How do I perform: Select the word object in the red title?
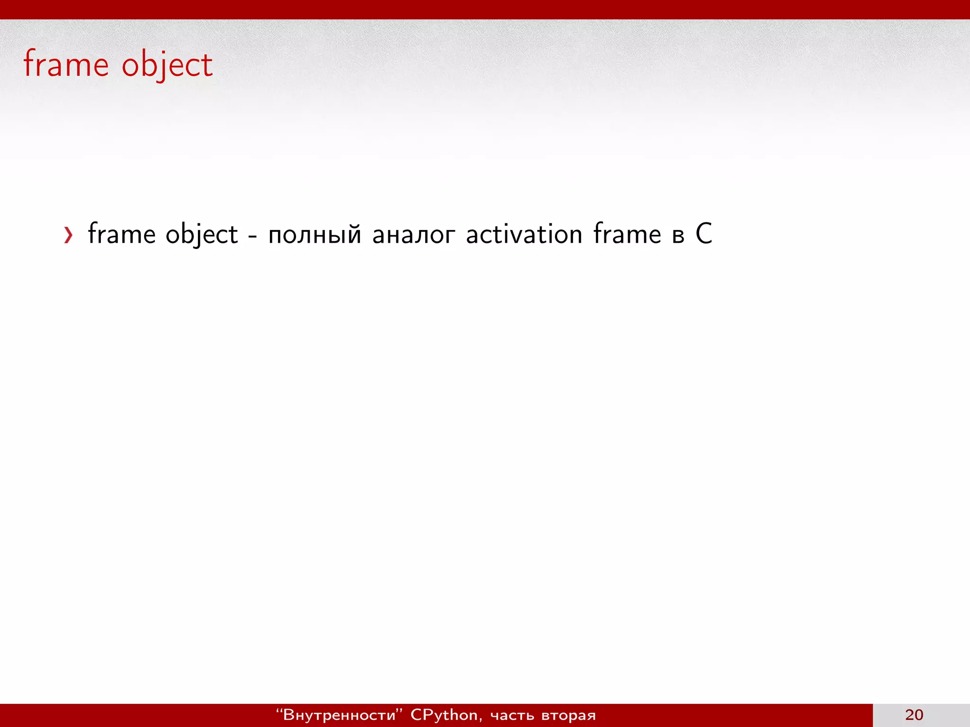167,65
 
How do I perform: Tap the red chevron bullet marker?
69,235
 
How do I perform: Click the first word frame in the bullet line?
122,234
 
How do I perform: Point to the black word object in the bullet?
201,235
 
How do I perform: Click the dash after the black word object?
252,235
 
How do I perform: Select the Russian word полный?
314,235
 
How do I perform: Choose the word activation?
524,234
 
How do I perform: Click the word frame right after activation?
627,234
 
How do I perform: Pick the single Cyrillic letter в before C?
678,236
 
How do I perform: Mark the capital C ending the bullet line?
704,234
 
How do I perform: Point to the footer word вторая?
568,716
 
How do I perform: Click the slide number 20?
914,715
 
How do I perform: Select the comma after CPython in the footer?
480,719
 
